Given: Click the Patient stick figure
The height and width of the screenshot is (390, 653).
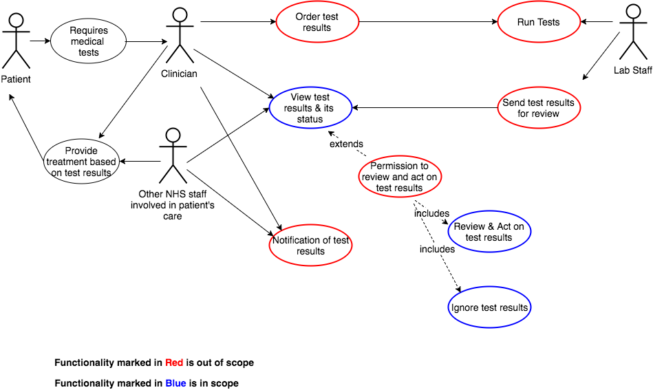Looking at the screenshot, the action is pyautogui.click(x=16, y=41).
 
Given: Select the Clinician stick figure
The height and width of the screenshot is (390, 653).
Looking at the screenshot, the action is pyautogui.click(x=180, y=36).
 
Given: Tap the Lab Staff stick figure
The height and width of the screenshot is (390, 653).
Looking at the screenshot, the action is pyautogui.click(x=634, y=32).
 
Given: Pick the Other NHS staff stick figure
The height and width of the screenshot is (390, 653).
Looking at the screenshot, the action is pyautogui.click(x=173, y=155).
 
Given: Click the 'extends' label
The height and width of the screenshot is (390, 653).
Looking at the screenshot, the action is pyautogui.click(x=347, y=144).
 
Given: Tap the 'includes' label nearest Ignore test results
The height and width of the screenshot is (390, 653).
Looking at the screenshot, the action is pyautogui.click(x=437, y=249).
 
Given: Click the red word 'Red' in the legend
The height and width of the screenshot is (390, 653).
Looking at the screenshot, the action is pyautogui.click(x=174, y=363).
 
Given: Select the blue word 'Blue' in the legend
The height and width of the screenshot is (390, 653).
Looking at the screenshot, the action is pyautogui.click(x=175, y=383).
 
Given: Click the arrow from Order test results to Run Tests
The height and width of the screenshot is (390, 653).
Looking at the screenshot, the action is pyautogui.click(x=428, y=22).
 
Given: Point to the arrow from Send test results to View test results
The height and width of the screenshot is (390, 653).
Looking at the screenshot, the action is pyautogui.click(x=425, y=108).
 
